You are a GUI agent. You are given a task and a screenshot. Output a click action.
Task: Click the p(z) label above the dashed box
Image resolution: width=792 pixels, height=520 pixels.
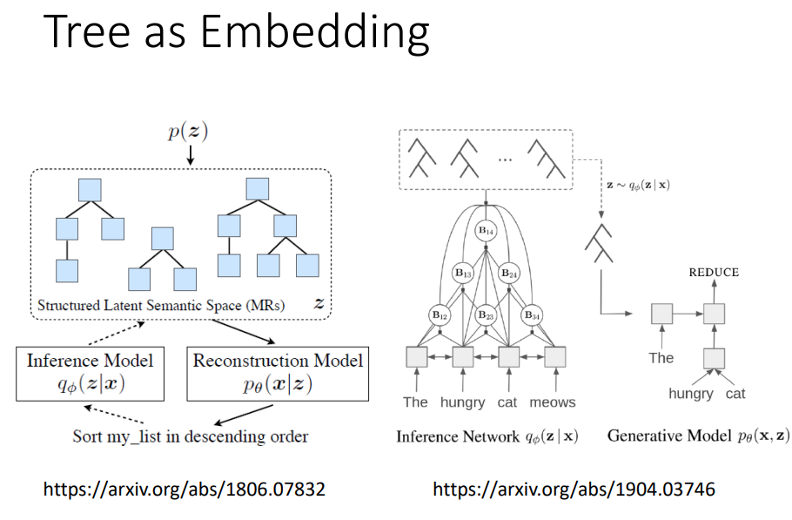pos(190,133)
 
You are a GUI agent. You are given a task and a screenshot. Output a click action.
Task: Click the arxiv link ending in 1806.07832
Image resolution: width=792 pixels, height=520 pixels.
pos(185,490)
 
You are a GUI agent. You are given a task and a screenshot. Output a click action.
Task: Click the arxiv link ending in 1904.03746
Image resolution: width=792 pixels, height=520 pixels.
pos(574,490)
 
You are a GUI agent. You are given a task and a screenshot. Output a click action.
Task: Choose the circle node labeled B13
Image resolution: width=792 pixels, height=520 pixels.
pos(462,274)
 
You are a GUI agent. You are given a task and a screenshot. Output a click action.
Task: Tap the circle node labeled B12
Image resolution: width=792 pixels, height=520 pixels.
pos(440,314)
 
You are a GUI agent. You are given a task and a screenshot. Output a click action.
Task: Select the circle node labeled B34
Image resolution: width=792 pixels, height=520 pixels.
pos(532,314)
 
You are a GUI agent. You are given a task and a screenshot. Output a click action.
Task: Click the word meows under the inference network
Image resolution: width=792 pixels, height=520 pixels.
pos(552,402)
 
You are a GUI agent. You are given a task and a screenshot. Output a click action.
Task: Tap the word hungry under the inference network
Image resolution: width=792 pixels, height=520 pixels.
pos(462,402)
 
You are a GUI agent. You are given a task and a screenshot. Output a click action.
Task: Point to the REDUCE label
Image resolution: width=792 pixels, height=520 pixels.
pos(714,273)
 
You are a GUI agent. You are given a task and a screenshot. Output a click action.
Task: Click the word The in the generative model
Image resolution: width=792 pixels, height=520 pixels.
pos(661,358)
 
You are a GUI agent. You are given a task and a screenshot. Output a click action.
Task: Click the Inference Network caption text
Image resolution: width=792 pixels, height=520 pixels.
pos(487,436)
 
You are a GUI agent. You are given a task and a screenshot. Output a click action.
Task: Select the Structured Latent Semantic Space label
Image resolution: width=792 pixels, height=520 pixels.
pos(161,306)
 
